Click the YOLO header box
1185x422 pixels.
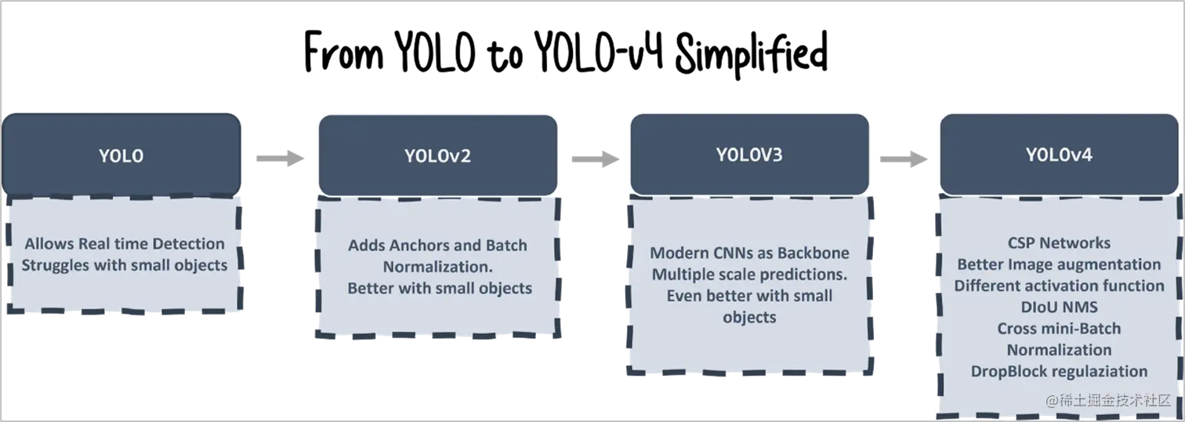click(121, 155)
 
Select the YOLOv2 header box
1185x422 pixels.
click(437, 155)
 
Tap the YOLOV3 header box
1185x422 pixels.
click(748, 154)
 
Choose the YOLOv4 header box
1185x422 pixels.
click(1059, 155)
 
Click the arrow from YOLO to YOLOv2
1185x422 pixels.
click(278, 157)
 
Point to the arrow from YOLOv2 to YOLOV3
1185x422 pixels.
click(592, 157)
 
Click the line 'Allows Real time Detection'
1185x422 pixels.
click(125, 244)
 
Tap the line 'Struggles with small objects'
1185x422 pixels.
click(125, 265)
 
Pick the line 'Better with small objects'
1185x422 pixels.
click(440, 288)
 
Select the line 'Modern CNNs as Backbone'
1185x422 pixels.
click(749, 253)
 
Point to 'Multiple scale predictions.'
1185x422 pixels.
click(749, 275)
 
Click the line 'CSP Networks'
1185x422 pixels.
click(1059, 243)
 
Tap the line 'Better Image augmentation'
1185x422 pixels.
click(1059, 264)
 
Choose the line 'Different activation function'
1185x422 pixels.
click(1059, 286)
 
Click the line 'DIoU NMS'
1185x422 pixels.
click(1059, 307)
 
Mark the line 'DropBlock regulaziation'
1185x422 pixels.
click(1059, 371)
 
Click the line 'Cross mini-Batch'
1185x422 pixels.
click(1059, 328)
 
